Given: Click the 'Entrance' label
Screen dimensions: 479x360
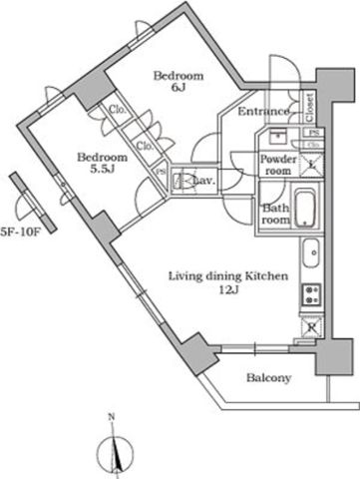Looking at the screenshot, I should click(x=263, y=112).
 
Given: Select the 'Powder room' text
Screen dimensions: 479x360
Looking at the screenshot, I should click(x=278, y=165).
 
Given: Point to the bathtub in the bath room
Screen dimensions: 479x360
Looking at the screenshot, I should click(x=305, y=211).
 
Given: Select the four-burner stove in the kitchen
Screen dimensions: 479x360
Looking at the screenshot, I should click(x=310, y=293).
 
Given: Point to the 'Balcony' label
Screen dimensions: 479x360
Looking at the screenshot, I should click(x=268, y=378).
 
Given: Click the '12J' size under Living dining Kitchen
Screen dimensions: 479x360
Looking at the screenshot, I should click(x=228, y=290).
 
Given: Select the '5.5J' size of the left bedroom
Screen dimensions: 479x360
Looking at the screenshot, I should click(x=103, y=172).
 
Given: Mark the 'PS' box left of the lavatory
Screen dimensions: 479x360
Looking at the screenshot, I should click(x=162, y=175).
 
